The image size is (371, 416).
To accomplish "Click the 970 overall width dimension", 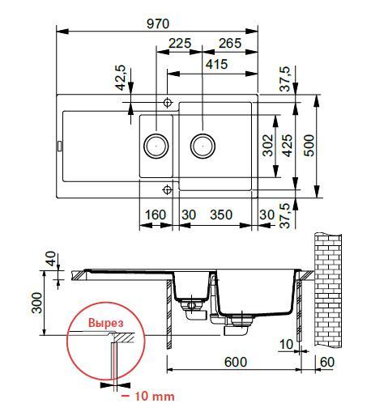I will tap(157, 23).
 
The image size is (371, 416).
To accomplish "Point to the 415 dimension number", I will tap(216, 65).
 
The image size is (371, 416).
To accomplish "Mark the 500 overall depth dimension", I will tap(309, 145).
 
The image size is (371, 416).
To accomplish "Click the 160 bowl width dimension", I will tap(156, 214).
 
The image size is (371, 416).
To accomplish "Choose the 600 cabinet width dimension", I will tap(236, 365).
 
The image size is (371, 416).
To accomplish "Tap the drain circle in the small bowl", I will tap(156, 146).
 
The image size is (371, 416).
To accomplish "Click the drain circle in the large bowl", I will tap(203, 146).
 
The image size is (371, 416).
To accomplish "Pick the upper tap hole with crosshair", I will tap(167, 103).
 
